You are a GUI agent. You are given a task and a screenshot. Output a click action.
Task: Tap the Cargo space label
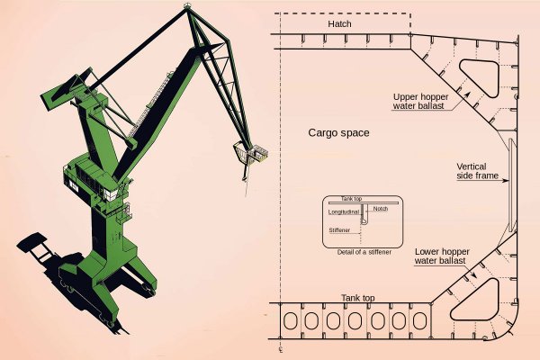338,132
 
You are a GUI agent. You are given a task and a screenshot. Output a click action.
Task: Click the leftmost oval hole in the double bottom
292,321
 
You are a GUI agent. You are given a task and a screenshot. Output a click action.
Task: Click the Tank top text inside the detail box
354,200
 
